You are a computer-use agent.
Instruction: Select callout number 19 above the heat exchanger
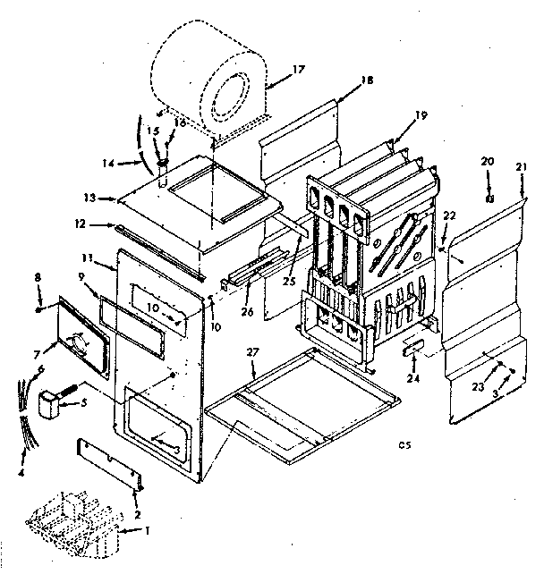click(x=421, y=114)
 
